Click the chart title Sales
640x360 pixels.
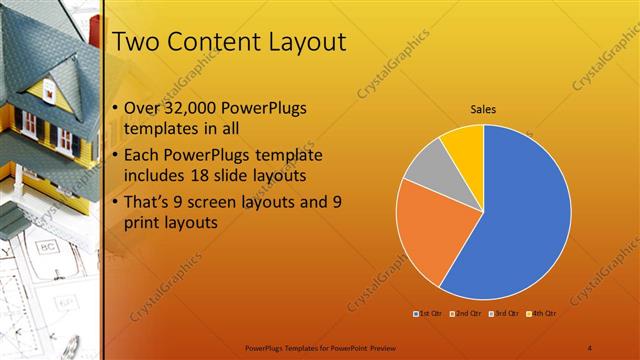coord(484,110)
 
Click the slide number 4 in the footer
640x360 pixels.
coord(590,347)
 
